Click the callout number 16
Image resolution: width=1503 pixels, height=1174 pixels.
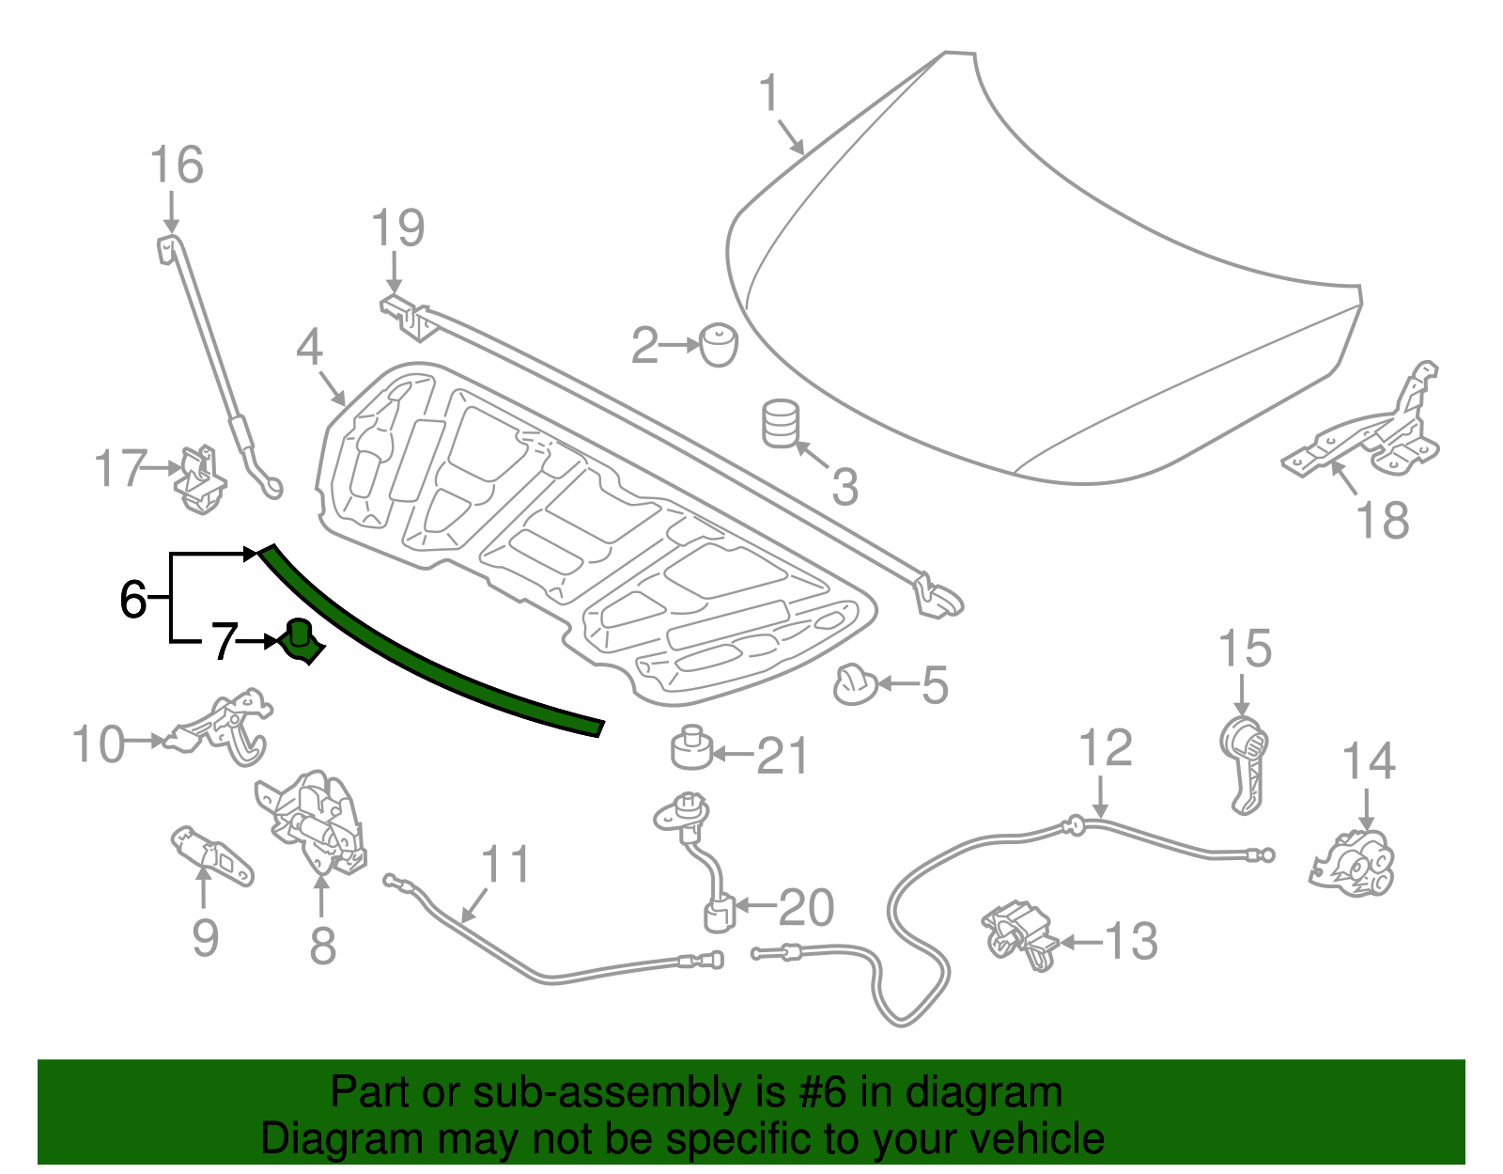coord(177,165)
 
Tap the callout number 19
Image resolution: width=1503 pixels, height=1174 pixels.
coord(397,228)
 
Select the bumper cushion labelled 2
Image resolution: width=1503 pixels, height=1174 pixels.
coord(719,345)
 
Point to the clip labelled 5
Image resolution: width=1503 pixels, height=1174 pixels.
coord(854,684)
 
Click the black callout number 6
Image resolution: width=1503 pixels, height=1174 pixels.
coord(132,599)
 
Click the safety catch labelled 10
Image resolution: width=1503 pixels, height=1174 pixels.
coord(225,728)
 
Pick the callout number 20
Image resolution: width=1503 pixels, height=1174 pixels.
coord(806,907)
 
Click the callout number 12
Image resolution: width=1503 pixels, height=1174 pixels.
coord(1105,749)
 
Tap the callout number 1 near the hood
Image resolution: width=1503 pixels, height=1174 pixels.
coord(769,94)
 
